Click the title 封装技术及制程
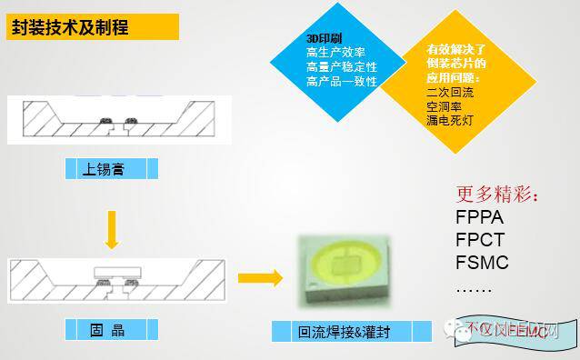69,27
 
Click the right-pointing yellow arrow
261,278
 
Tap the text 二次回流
450,92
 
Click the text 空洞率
445,105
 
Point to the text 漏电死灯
450,120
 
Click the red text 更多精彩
496,195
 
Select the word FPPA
480,219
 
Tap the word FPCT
480,242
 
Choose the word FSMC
482,265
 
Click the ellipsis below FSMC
473,289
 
